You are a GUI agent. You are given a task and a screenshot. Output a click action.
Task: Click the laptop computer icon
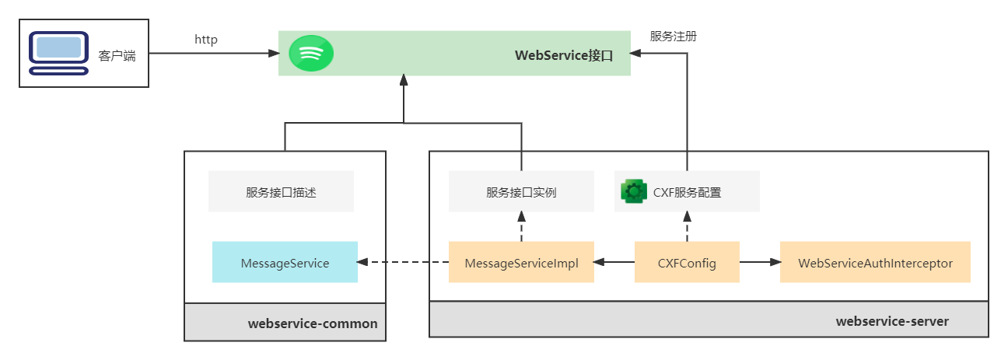[59, 52]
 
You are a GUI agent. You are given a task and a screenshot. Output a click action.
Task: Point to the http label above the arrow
[206, 40]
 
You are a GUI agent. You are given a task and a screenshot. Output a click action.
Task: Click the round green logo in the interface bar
[311, 54]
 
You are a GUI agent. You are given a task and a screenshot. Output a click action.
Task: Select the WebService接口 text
[564, 55]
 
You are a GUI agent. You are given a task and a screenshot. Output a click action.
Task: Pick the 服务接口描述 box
[281, 192]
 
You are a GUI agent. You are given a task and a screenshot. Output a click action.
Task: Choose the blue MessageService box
[285, 263]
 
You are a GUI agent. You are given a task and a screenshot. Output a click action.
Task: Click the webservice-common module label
[313, 323]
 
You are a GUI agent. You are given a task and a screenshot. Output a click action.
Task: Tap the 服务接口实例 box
[521, 192]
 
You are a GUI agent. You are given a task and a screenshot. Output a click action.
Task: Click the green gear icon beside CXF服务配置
[634, 191]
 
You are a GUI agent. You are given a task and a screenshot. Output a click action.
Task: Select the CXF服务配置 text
[687, 192]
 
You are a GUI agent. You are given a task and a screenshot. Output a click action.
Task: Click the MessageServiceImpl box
[521, 263]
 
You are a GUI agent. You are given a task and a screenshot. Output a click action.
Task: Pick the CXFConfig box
[687, 263]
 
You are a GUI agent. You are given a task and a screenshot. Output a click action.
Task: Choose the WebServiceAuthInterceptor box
[875, 263]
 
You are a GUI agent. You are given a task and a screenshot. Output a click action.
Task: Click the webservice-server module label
[892, 321]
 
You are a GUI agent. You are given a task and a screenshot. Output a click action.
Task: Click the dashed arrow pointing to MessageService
[403, 263]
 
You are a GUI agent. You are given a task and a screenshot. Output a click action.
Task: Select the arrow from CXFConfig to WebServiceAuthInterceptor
[760, 263]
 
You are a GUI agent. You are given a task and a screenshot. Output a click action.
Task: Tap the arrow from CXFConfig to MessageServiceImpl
[614, 263]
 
